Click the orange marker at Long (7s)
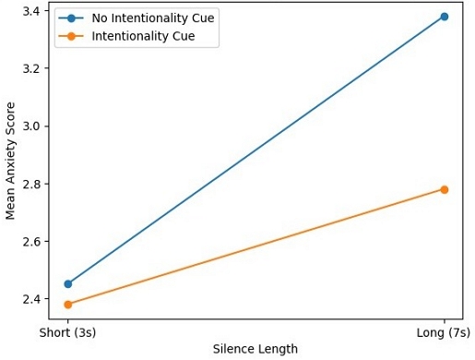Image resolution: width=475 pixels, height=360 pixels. pyautogui.click(x=445, y=189)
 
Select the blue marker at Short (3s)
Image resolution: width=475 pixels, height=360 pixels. pyautogui.click(x=68, y=284)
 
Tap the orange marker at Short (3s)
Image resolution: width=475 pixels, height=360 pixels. pyautogui.click(x=68, y=305)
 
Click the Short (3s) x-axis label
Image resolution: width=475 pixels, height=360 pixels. pyautogui.click(x=68, y=331)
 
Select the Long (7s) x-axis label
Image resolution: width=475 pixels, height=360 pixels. pyautogui.click(x=445, y=331)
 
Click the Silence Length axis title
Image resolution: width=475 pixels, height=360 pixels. pyautogui.click(x=256, y=349)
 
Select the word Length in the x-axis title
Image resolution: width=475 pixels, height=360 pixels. pyautogui.click(x=278, y=349)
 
